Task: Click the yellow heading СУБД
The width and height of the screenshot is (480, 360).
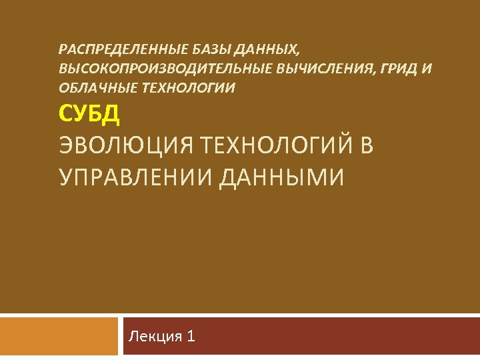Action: coord(89,115)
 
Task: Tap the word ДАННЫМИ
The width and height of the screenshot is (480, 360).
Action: coord(281,177)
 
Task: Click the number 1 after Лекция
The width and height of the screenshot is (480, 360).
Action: coord(191,336)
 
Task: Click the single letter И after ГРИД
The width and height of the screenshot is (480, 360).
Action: coord(428,68)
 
